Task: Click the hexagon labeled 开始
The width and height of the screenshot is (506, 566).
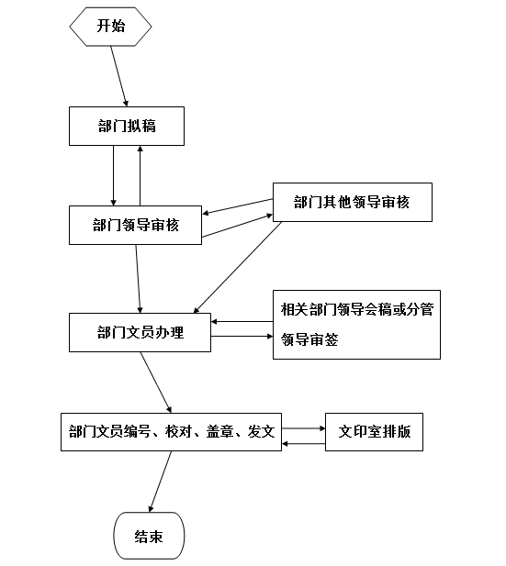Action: [x=110, y=27]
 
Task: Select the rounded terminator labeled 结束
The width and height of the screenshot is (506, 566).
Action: [x=149, y=536]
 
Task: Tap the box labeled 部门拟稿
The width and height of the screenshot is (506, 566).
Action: [x=127, y=126]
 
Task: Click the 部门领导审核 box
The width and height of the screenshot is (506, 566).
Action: [x=135, y=226]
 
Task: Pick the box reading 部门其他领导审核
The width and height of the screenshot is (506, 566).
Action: [x=353, y=202]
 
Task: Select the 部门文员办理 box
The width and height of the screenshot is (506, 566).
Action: [x=140, y=332]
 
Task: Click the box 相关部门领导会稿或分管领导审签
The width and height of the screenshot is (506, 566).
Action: [x=356, y=325]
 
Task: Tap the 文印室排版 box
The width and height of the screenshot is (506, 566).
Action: [x=374, y=432]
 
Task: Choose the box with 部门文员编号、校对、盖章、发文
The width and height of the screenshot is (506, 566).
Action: [x=171, y=432]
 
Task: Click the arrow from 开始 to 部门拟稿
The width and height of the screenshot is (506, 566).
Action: [x=119, y=76]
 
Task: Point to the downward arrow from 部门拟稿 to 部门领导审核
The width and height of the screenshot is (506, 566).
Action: [x=114, y=176]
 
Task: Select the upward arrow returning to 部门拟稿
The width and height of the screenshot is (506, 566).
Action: [x=141, y=176]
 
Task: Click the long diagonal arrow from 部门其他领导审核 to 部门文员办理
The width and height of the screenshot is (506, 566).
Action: [x=238, y=268]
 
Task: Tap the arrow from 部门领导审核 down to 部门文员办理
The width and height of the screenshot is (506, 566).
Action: [x=138, y=279]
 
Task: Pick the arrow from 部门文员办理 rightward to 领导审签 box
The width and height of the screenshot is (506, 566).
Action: [x=242, y=337]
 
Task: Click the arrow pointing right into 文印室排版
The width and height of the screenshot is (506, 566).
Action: [x=304, y=428]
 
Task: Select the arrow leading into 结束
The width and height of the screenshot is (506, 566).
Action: [x=160, y=482]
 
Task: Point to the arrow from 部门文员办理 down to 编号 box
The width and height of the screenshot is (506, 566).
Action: [x=156, y=383]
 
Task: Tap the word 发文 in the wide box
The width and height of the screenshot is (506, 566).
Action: [x=261, y=432]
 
